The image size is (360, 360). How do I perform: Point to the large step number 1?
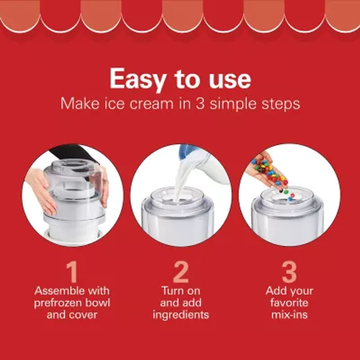[72, 272]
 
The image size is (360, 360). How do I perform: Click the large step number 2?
[180, 272]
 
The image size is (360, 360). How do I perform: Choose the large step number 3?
[289, 272]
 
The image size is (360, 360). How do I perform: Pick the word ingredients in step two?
[180, 314]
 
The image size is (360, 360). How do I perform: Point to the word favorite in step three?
[289, 302]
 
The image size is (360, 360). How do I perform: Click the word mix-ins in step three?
[289, 314]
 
